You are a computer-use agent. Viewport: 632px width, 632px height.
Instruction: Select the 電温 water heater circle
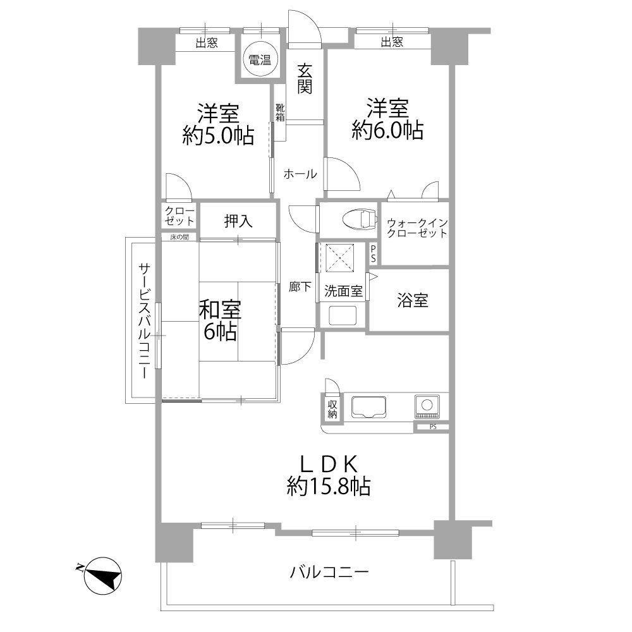[260, 60]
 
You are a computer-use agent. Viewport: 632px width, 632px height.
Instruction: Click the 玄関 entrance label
[305, 80]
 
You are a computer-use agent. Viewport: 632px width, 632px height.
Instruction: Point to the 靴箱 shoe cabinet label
[280, 112]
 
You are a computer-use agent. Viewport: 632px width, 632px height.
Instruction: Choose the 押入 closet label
[239, 221]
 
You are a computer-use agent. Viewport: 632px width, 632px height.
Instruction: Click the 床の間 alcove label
[179, 238]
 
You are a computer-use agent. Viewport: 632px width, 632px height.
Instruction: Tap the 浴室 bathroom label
[412, 300]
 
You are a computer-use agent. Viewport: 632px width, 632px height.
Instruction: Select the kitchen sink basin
[369, 407]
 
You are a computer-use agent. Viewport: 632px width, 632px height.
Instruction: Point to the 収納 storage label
[332, 409]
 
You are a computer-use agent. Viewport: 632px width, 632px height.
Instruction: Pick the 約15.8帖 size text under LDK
[329, 486]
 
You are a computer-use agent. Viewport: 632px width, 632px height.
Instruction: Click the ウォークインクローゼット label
[417, 228]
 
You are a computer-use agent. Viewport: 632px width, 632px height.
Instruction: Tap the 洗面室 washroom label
[343, 291]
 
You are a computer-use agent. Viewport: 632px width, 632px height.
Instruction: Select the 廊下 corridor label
[300, 286]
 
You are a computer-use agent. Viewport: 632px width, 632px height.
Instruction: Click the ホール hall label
[300, 174]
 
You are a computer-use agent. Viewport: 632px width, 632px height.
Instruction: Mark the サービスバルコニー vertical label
[145, 321]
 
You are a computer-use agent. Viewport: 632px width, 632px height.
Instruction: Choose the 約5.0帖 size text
[218, 135]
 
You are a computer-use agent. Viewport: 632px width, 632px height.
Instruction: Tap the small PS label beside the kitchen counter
[433, 427]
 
